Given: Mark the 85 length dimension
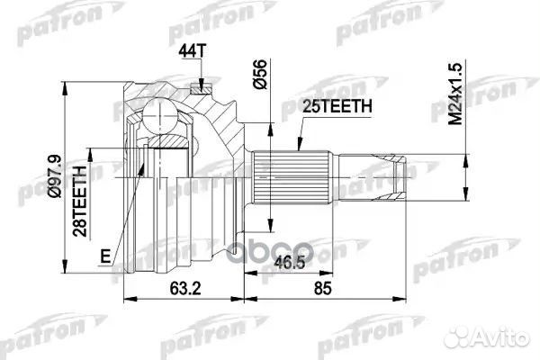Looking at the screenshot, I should click(355, 290).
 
